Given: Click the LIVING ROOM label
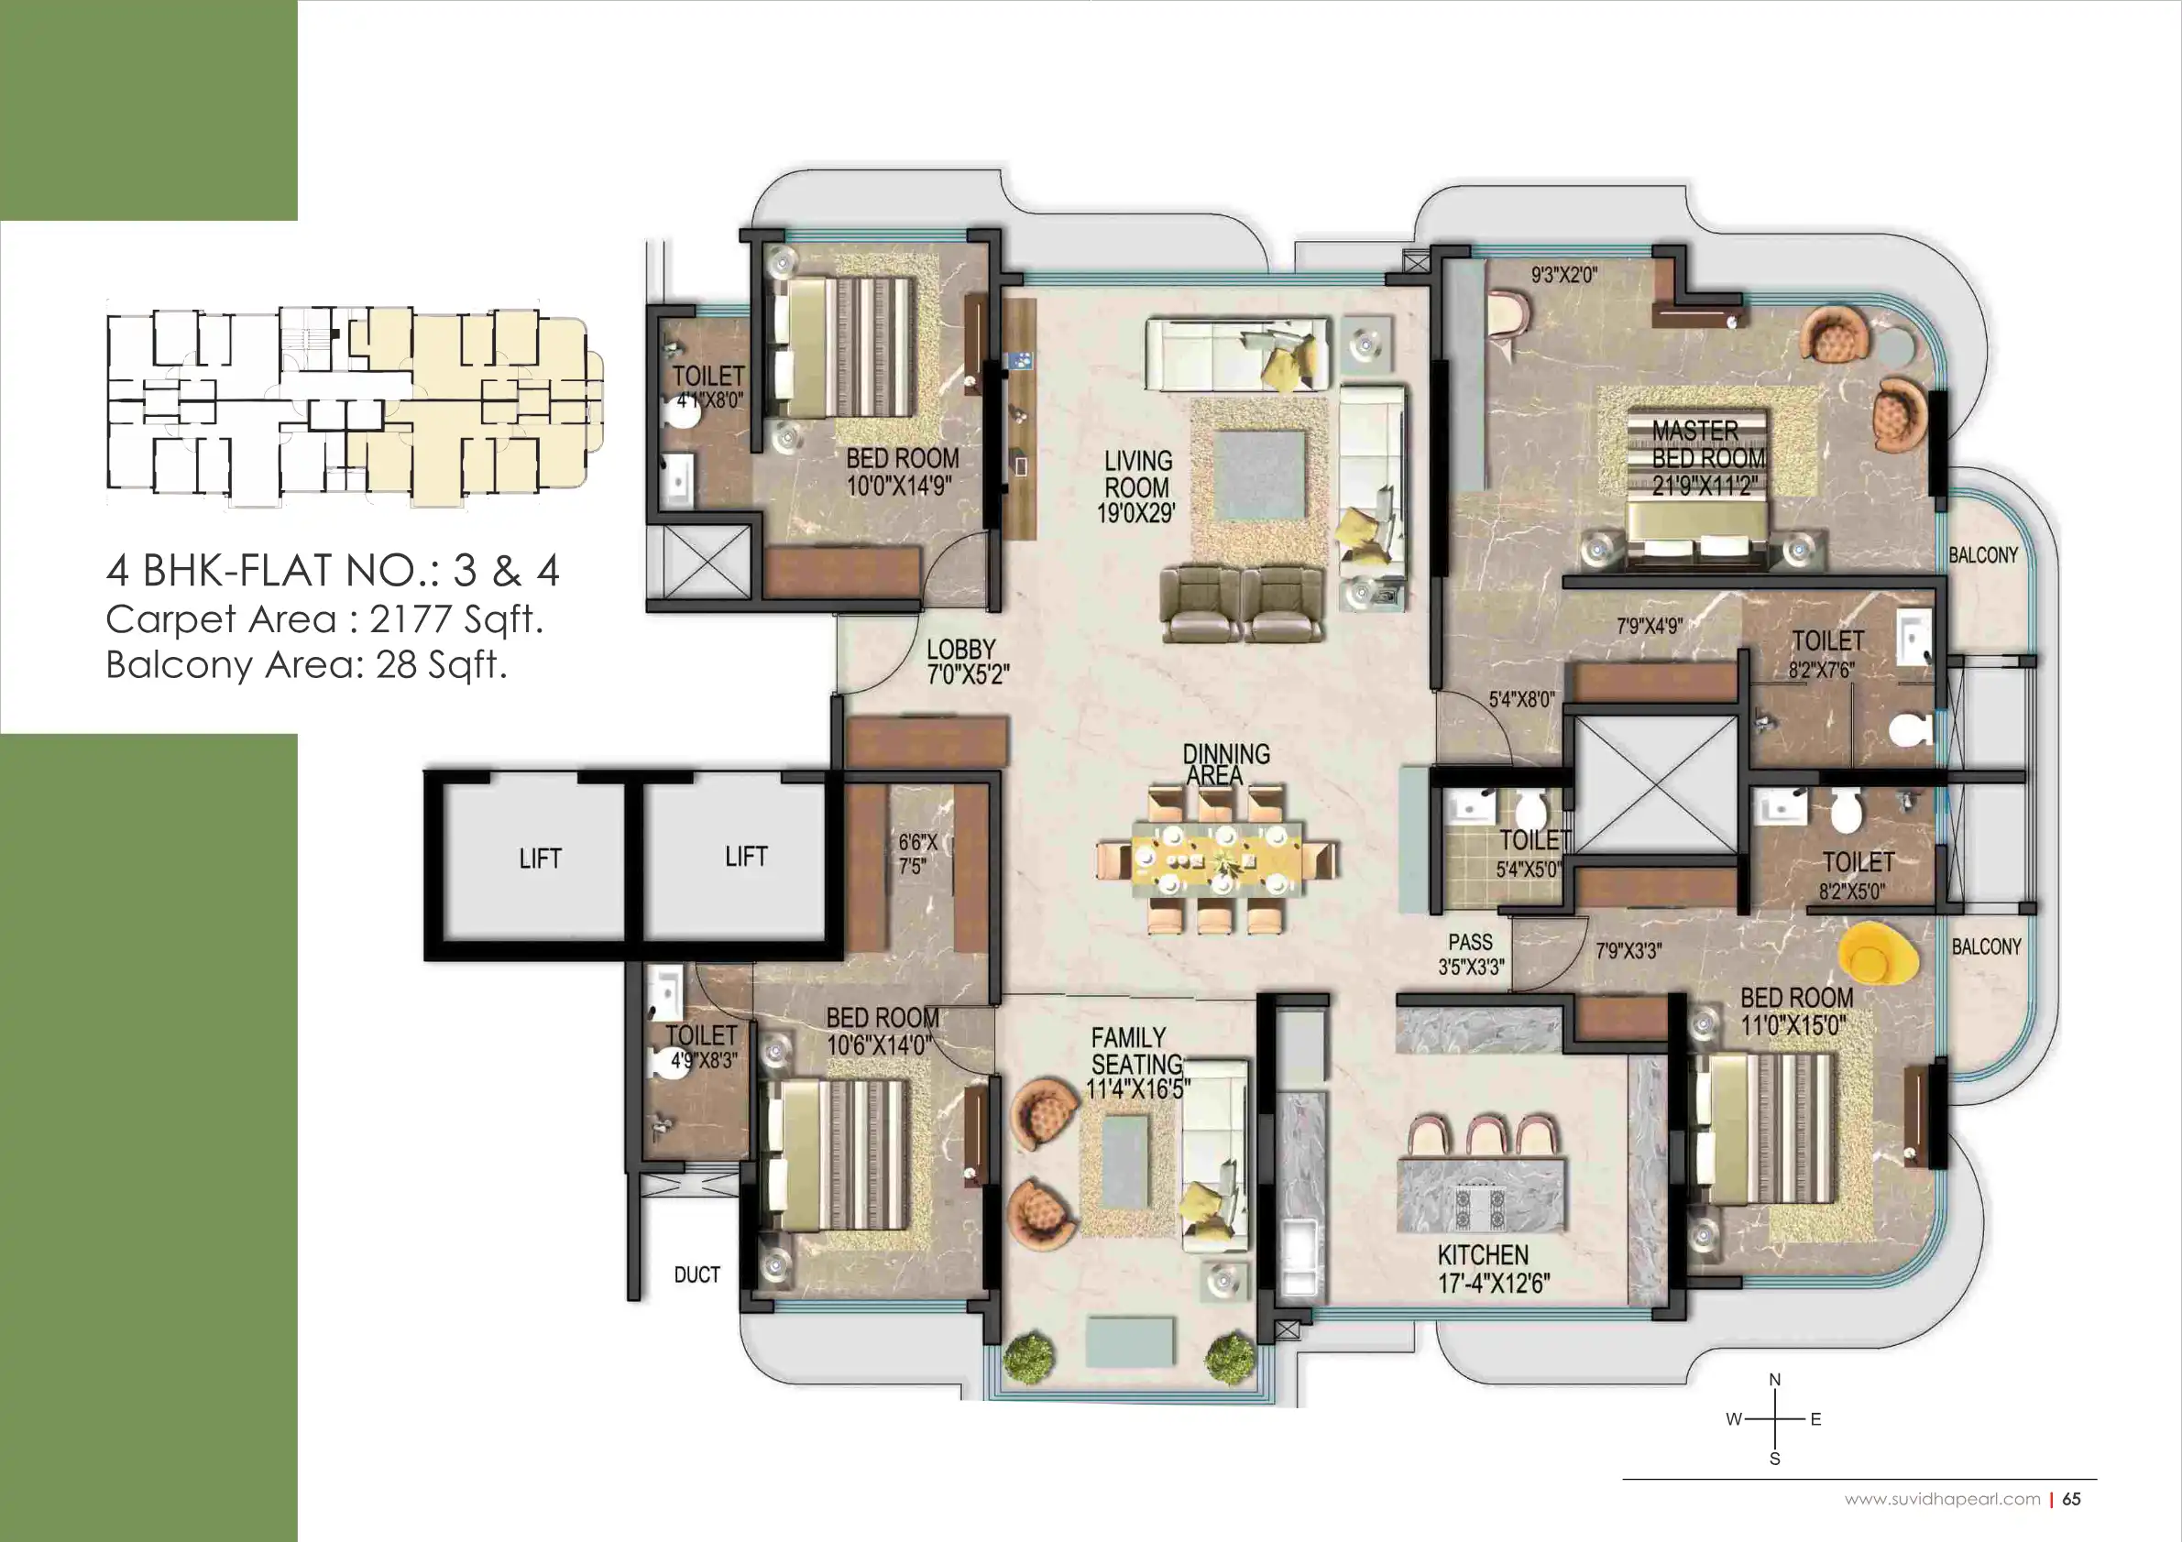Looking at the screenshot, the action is coord(1137,474).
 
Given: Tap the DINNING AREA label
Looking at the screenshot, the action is coord(1226,765).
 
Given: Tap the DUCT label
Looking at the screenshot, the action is coord(696,1275).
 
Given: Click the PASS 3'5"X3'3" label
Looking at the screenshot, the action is coord(1471,954).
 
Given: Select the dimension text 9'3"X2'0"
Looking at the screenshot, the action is coord(1563,275).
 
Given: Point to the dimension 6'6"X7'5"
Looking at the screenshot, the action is coord(917,854).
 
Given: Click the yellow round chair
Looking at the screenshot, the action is coord(1877,955).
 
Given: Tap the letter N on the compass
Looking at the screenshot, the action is coord(1774,1380).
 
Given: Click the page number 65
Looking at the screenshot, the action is coord(2072,1499).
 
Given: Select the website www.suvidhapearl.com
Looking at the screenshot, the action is coord(1943,1499).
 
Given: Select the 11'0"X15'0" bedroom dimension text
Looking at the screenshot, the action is coord(1793,1025).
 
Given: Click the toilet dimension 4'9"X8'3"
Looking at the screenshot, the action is coord(704,1060).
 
